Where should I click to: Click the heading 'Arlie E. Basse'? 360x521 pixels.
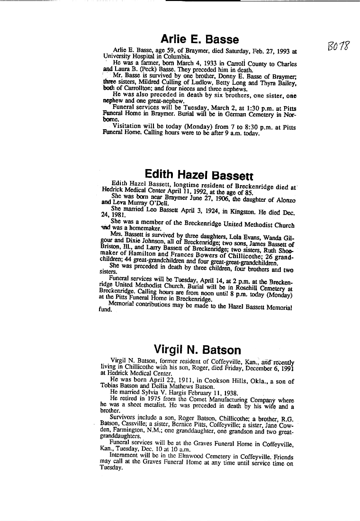(199, 39)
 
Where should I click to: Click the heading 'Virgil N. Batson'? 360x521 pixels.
(197, 350)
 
